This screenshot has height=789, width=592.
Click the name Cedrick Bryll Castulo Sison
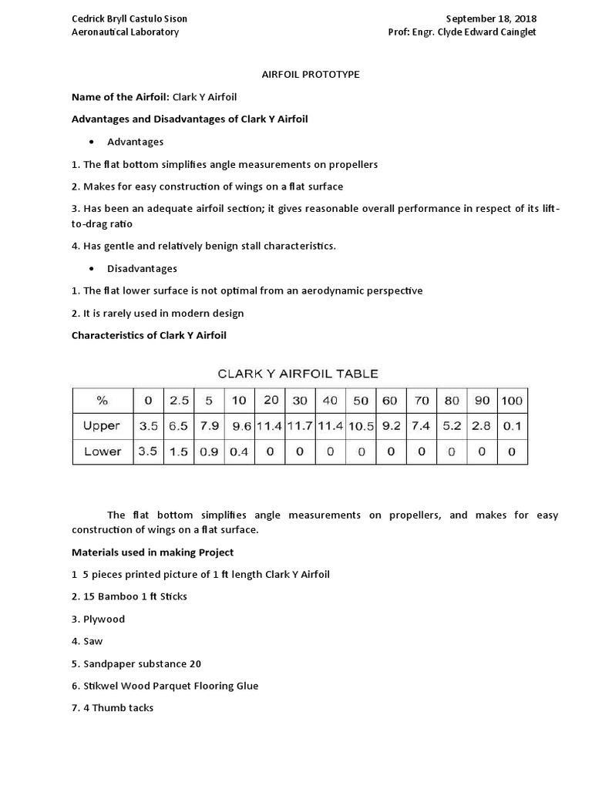129,18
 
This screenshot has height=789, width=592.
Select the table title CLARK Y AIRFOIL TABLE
298,374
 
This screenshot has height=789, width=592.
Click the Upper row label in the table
102,426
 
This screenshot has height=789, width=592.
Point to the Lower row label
102,452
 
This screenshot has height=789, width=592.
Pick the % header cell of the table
102,400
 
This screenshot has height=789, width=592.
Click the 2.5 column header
179,400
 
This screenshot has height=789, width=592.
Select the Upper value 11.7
300,426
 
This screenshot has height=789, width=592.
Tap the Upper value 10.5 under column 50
360,426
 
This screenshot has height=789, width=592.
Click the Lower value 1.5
179,452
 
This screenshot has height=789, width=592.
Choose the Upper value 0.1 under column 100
512,426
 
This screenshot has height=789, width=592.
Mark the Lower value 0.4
239,452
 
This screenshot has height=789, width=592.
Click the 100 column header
512,400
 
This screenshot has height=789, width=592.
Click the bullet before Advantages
92,143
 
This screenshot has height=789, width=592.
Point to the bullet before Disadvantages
92,269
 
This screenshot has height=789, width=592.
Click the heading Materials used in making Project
153,552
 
